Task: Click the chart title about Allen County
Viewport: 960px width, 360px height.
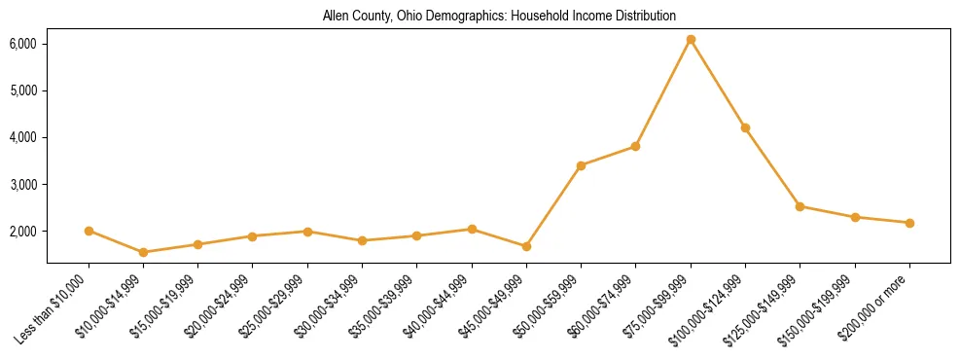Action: pyautogui.click(x=499, y=16)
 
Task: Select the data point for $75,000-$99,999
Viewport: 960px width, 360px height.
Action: pyautogui.click(x=691, y=40)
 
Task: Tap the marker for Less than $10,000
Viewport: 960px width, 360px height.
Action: pyautogui.click(x=89, y=231)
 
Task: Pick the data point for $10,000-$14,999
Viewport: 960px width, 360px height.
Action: pyautogui.click(x=143, y=252)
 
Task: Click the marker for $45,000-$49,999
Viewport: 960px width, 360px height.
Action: pyautogui.click(x=526, y=246)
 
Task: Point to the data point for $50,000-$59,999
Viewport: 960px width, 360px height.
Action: pyautogui.click(x=581, y=165)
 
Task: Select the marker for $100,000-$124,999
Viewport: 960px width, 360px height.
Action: pyautogui.click(x=745, y=127)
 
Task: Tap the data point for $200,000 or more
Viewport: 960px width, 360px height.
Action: pyautogui.click(x=909, y=223)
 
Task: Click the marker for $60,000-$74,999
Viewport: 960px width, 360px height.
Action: pyautogui.click(x=635, y=146)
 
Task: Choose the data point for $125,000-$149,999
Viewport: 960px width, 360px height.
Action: pyautogui.click(x=800, y=206)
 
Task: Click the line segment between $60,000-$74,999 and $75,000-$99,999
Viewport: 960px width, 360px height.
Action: pyautogui.click(x=663, y=92)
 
